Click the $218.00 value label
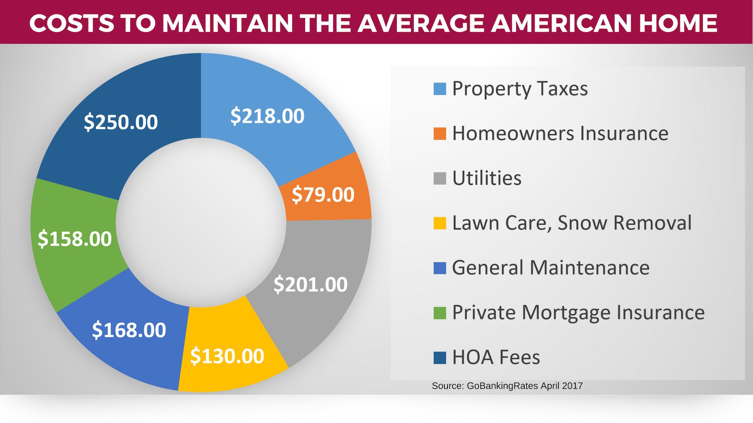tap(267, 116)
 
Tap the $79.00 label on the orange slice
tap(323, 195)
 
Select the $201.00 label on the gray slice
tap(310, 284)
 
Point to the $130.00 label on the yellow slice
tap(227, 356)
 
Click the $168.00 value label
tap(129, 330)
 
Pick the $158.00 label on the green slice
tap(75, 239)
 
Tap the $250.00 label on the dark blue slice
tap(121, 122)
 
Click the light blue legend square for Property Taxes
tap(440, 89)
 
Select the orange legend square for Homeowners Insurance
tap(440, 134)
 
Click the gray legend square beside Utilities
tap(440, 178)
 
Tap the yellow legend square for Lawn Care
tap(440, 223)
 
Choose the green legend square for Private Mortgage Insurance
tap(440, 313)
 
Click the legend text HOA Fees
tap(496, 358)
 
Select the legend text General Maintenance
tap(551, 268)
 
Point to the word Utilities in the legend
tap(487, 178)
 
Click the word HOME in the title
tap(678, 23)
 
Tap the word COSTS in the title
tap(72, 23)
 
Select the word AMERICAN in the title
tap(561, 23)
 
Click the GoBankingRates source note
tap(507, 386)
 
